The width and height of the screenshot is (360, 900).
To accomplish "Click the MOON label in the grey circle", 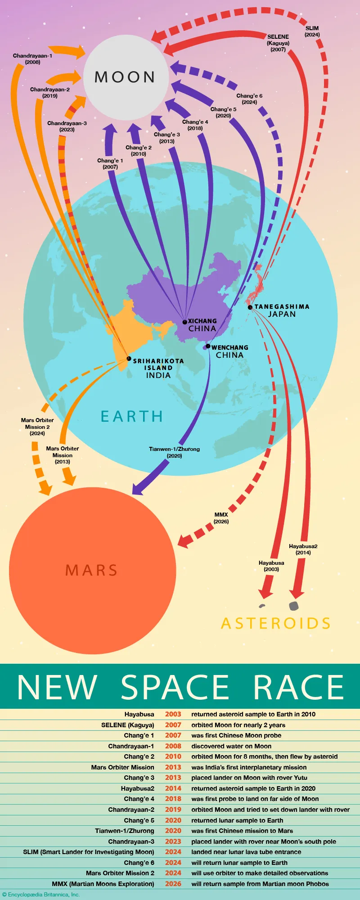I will (125, 77).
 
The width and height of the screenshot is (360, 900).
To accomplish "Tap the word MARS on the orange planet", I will (92, 570).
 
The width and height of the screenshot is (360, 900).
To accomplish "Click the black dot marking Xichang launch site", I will (184, 322).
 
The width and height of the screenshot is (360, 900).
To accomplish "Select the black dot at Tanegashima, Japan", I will (250, 307).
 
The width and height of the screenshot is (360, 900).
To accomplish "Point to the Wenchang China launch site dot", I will (208, 346).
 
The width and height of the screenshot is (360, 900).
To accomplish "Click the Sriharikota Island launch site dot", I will (129, 359).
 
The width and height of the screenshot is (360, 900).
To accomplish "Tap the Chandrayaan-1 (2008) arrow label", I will (32, 59).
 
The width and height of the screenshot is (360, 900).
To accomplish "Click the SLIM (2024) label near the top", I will (312, 31).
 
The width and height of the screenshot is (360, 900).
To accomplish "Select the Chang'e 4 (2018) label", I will (195, 125).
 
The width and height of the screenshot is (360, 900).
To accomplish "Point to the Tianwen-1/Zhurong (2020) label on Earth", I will (174, 452).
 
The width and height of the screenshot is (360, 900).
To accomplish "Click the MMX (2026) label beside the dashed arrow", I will (221, 518).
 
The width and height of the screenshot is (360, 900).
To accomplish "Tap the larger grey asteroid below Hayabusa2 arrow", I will (294, 606).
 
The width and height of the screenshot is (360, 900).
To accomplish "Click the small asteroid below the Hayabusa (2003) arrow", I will (262, 606).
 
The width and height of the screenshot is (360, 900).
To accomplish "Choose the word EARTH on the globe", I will (131, 417).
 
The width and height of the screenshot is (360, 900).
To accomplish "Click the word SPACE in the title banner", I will (175, 688).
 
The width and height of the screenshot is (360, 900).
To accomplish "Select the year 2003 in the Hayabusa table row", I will (173, 714).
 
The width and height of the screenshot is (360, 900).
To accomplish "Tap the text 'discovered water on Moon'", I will (231, 746).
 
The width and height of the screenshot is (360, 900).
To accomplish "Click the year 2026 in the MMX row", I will (173, 884).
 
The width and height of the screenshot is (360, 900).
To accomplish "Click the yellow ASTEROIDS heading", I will (276, 623).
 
